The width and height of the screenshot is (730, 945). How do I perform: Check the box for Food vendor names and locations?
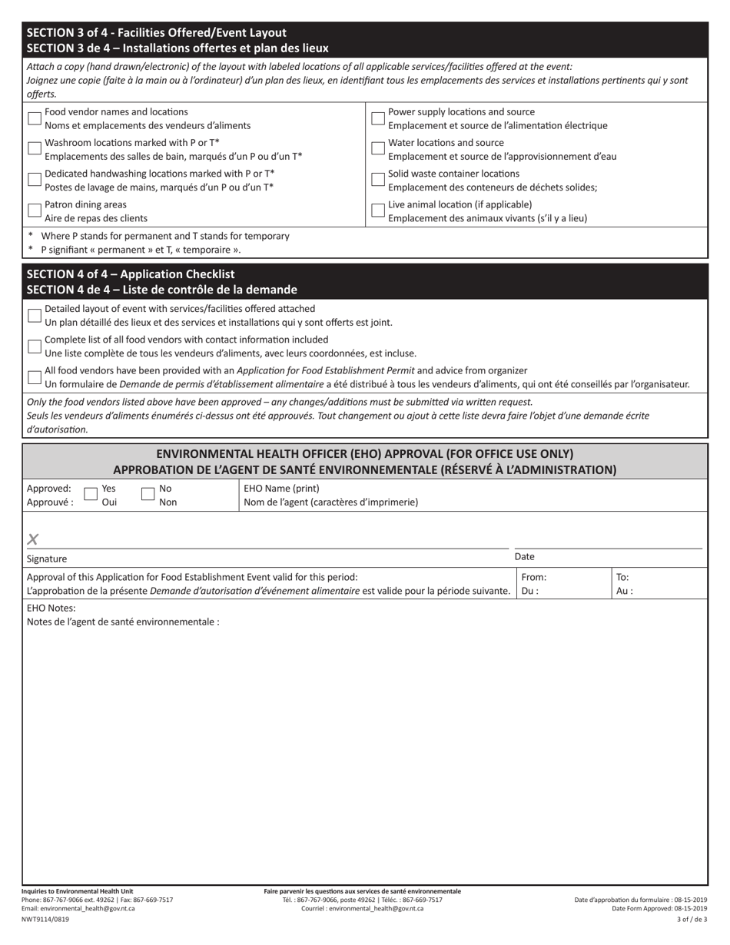pos(35,118)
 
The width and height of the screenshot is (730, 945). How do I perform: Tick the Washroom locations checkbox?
pos(35,148)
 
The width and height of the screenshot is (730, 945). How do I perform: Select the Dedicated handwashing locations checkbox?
pos(35,179)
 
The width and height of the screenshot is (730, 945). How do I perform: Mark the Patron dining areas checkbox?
pos(35,210)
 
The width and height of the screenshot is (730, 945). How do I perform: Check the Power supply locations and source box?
pos(378,118)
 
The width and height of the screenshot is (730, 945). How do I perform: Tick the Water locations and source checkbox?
pos(378,148)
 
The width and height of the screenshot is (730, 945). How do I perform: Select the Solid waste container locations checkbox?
pos(378,179)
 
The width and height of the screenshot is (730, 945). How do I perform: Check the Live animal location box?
pos(378,210)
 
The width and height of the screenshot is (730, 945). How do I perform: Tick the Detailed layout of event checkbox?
pos(35,315)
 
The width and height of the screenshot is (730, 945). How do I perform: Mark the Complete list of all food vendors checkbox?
pos(35,346)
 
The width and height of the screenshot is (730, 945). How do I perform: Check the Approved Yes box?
pos(90,494)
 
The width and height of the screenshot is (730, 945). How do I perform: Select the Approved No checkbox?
pos(148,494)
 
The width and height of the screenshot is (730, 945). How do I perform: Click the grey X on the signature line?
pos(32,539)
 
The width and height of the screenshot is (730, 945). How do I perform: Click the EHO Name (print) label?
pos(281,489)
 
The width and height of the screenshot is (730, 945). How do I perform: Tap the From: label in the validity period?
pos(533,577)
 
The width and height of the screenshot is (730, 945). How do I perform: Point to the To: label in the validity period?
pos(622,577)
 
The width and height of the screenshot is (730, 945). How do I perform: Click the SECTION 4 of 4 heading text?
pos(131,274)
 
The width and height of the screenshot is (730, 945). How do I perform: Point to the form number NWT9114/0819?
pos(45,919)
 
